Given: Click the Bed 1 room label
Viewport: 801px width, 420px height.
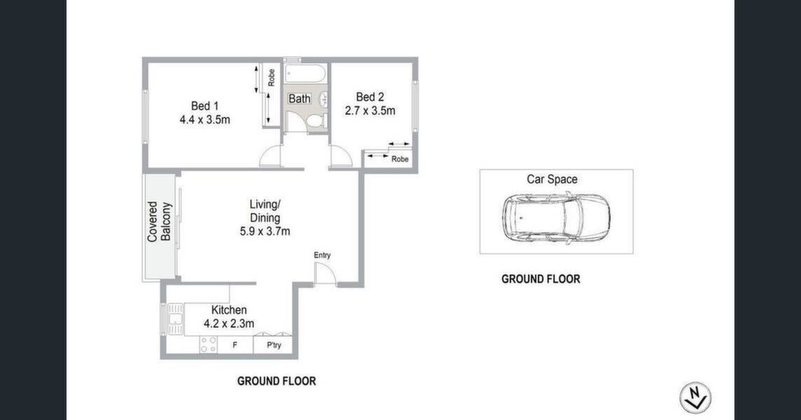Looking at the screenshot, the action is click(205, 106).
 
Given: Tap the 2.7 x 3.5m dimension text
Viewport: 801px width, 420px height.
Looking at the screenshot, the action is click(370, 111).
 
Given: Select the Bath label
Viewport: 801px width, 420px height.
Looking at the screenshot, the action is click(300, 99).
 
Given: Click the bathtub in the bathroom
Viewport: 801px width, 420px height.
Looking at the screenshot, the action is click(305, 73).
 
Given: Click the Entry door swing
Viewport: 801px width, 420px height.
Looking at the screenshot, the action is click(325, 274).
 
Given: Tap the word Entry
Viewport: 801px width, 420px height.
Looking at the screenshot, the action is click(322, 255).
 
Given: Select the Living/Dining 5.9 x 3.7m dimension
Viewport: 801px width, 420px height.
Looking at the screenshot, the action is click(265, 232).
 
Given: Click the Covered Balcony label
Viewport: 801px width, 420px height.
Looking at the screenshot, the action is click(160, 222).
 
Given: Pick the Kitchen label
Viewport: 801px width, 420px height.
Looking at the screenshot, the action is click(229, 310).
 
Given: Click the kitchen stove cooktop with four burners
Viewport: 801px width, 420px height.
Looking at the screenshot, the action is click(209, 344).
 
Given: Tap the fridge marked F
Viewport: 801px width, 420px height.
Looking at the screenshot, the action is click(235, 345).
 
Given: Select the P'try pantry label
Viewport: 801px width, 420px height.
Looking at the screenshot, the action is click(274, 345).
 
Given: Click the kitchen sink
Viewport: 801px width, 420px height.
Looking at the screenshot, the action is click(175, 318).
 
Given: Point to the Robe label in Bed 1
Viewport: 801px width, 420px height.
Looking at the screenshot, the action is click(271, 77).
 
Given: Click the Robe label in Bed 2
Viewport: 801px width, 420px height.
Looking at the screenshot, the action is click(400, 160).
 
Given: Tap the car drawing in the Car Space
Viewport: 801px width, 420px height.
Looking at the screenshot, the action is click(556, 218).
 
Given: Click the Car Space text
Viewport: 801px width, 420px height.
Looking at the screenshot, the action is click(552, 179).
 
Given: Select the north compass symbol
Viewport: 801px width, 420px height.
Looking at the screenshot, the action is click(695, 398).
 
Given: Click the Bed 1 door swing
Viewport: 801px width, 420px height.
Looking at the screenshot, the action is click(270, 156).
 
